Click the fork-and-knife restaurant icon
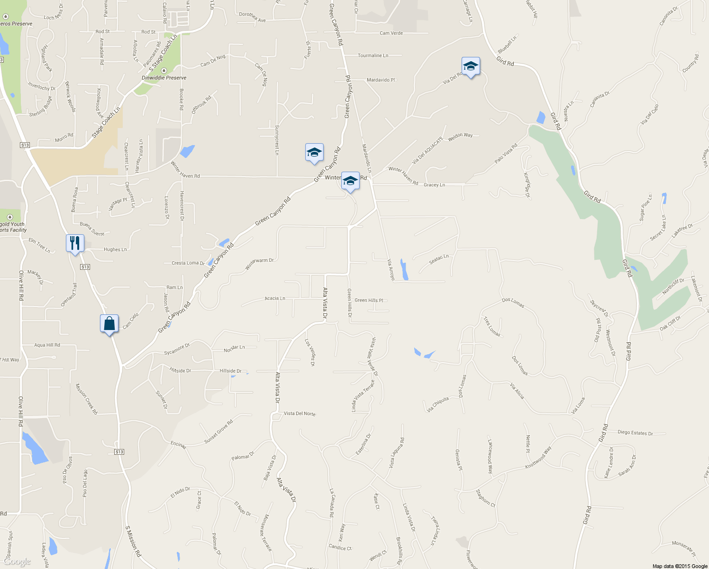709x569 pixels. coord(75,243)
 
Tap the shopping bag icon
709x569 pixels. coord(109,324)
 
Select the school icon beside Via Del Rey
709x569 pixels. coord(471,66)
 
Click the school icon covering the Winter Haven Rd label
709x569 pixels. coord(350,181)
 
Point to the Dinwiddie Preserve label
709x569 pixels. coord(164,78)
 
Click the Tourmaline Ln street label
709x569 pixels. coord(373,55)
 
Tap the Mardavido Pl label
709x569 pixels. coord(381,80)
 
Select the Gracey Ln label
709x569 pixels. coord(434,185)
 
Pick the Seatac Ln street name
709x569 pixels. coord(439,259)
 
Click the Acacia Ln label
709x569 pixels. coord(275,299)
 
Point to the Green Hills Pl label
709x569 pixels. coord(369,300)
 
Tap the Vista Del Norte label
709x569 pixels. coord(300,413)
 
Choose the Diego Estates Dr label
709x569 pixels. coord(635,433)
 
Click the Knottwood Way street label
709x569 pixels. coord(538,458)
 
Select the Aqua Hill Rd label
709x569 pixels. coord(47,345)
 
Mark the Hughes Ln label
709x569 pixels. coord(115,249)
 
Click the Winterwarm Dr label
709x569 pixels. coord(259,264)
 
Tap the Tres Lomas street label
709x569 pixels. coord(492,327)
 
